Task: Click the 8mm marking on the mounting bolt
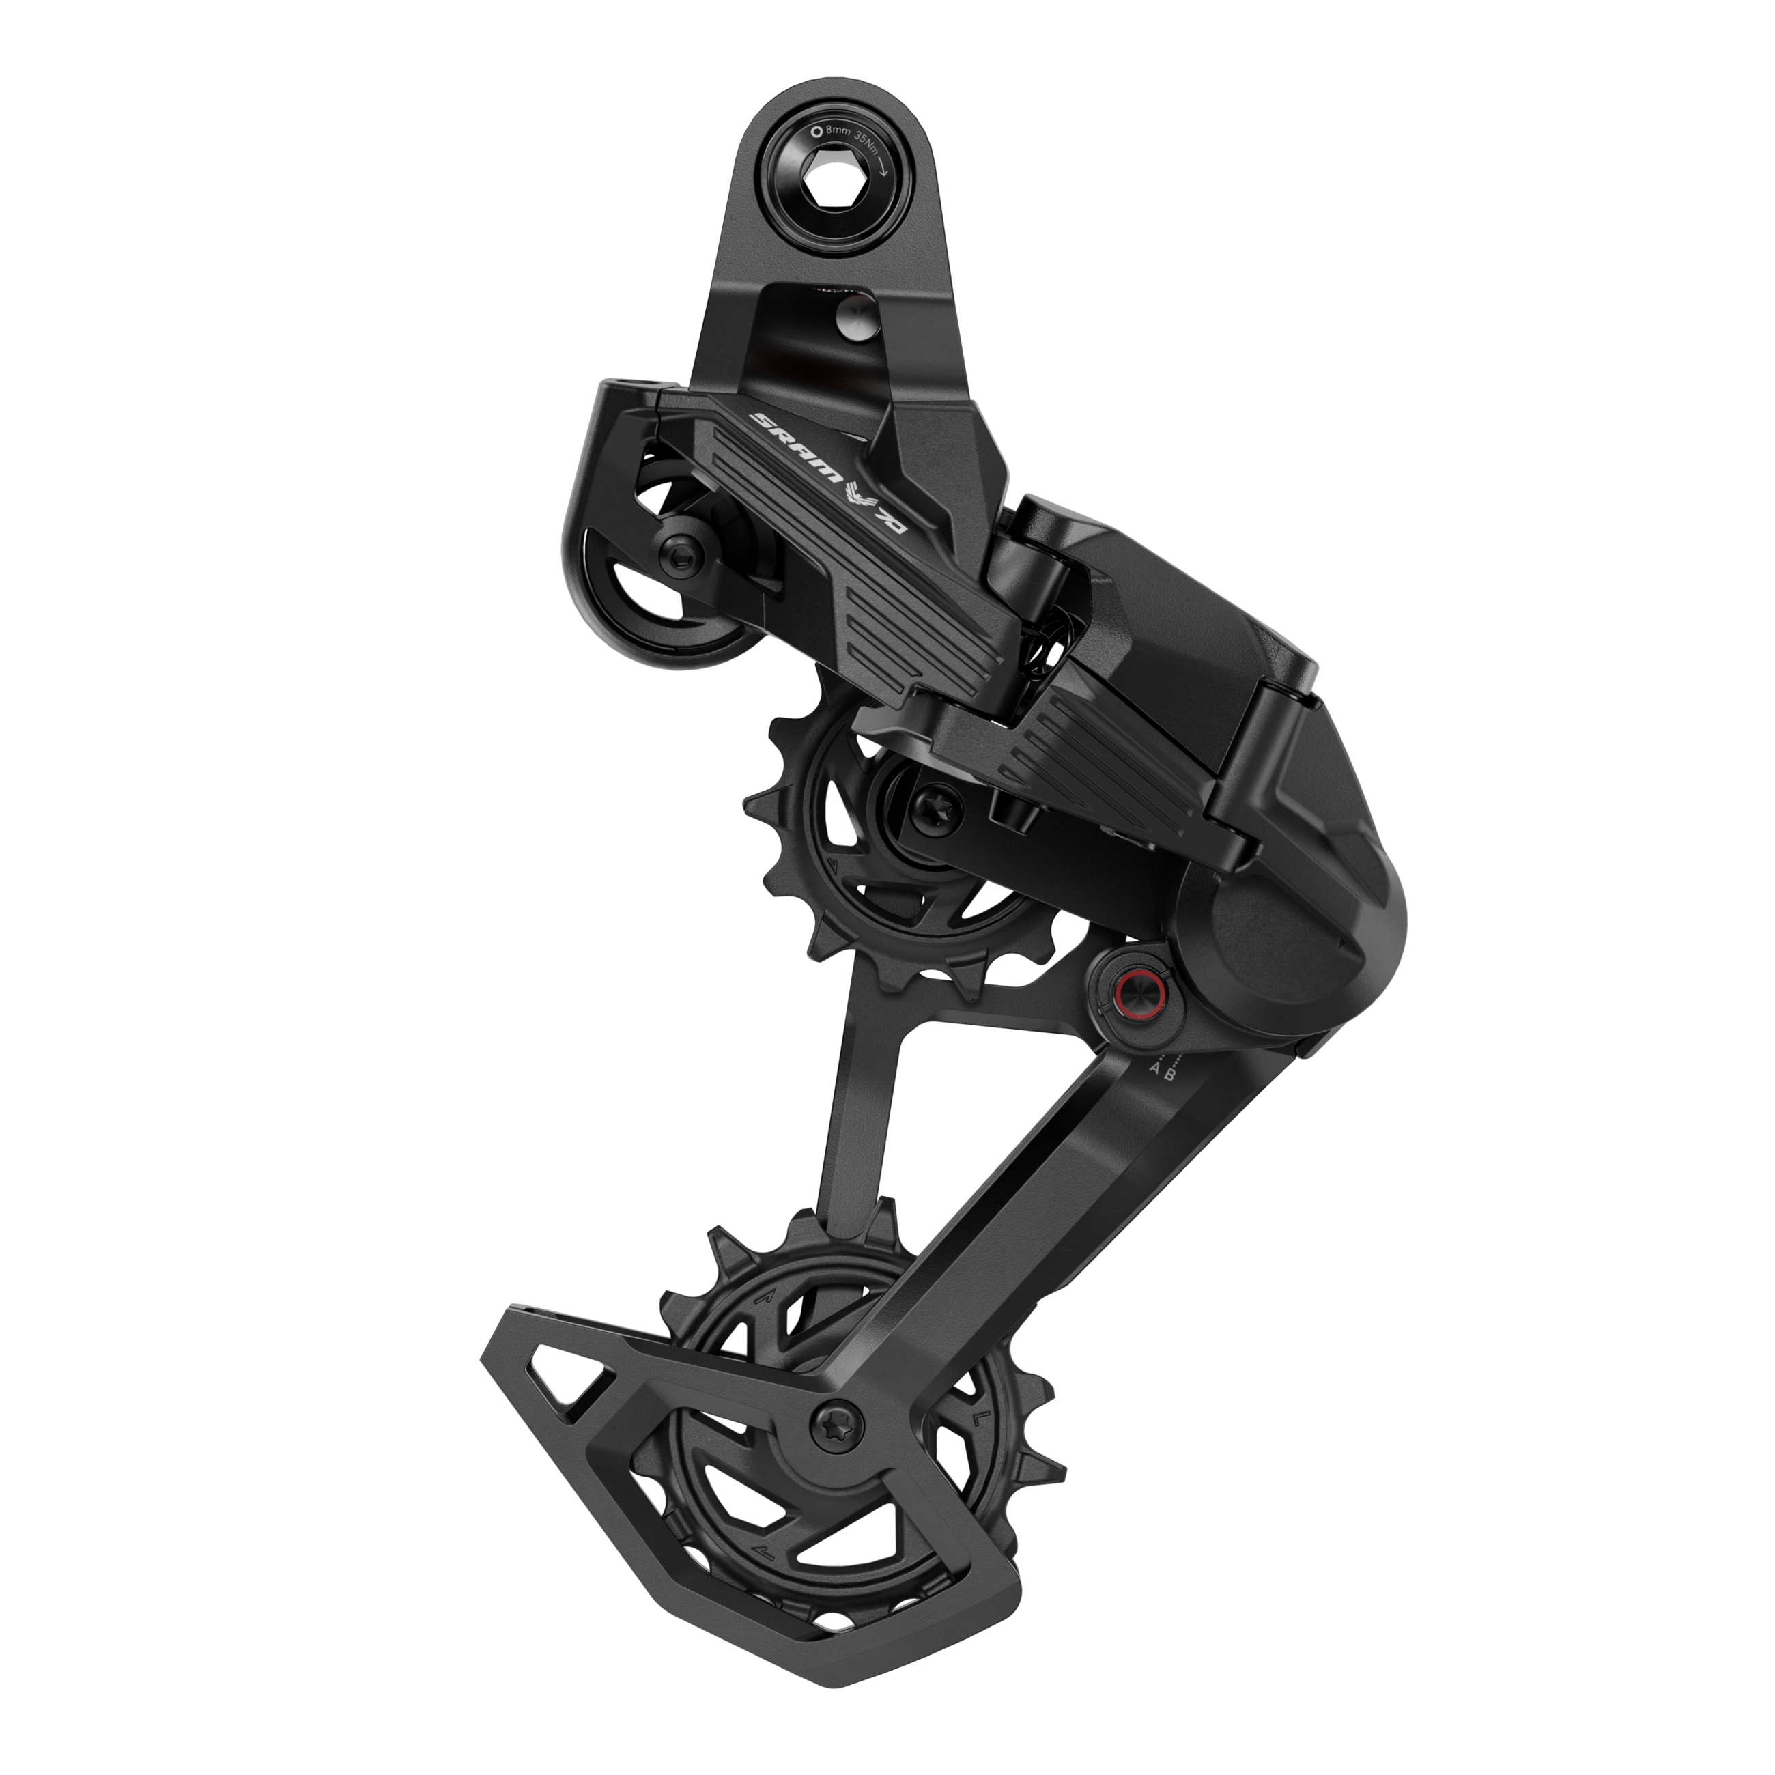(x=837, y=132)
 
